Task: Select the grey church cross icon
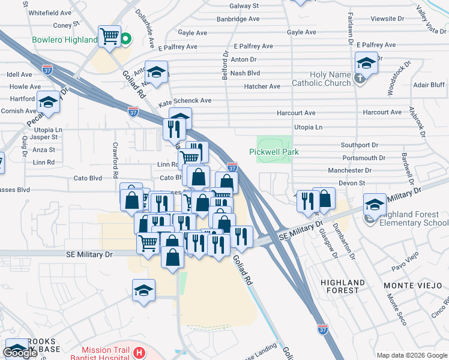click(360, 79)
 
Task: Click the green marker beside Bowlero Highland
click(126, 40)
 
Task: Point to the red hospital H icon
click(139, 352)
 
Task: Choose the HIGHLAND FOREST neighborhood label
click(343, 286)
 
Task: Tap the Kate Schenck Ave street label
click(185, 101)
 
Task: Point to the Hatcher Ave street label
click(262, 86)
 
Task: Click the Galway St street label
click(246, 5)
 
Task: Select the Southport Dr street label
click(359, 145)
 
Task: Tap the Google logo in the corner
click(21, 352)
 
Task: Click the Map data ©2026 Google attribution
click(411, 355)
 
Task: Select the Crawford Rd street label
click(113, 161)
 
